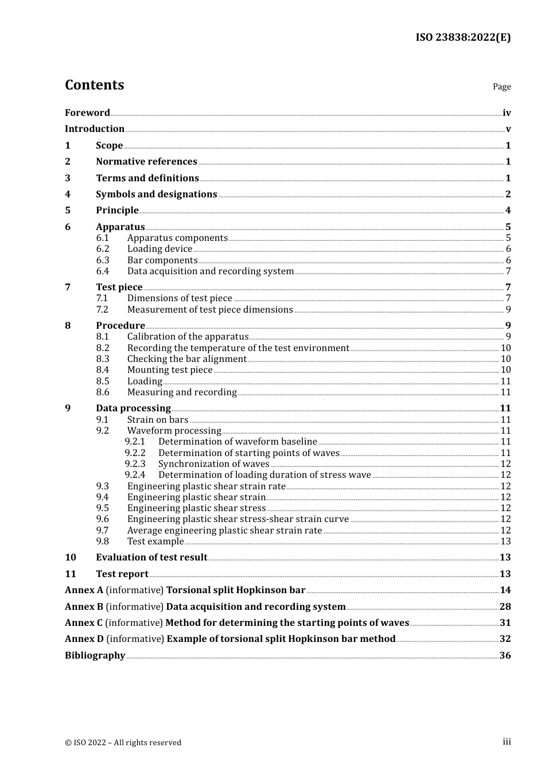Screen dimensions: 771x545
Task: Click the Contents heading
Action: coord(94,85)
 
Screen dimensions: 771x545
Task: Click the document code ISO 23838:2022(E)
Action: coord(463,37)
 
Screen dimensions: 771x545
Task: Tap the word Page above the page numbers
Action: coord(501,87)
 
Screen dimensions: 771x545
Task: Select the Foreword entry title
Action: coord(87,113)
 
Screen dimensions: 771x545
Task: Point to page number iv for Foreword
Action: coord(507,113)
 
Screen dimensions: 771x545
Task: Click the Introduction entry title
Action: coord(95,129)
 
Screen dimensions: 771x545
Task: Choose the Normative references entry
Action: coord(146,162)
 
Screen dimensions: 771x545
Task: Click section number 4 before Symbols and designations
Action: coord(68,194)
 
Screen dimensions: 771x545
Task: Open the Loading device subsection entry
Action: coord(159,249)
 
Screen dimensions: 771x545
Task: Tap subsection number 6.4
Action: coord(103,271)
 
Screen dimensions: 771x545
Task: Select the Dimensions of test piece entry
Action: coord(180,298)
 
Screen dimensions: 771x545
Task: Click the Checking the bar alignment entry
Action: coord(187,359)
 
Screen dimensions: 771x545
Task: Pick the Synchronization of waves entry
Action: coord(213,464)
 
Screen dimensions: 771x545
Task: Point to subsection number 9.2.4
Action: coord(135,475)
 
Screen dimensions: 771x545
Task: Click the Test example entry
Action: coord(155,542)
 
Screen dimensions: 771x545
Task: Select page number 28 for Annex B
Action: coord(505,607)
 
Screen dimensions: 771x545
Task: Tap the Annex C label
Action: coord(84,623)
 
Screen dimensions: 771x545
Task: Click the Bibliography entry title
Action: coord(95,656)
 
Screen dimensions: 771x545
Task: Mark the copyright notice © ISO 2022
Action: coord(123,743)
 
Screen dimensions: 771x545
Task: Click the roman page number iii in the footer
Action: coord(507,742)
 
